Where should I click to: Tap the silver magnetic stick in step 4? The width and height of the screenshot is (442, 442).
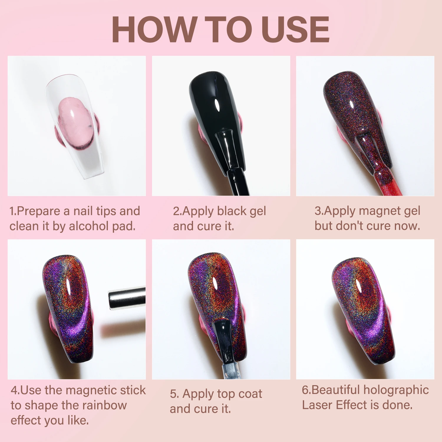click(127, 299)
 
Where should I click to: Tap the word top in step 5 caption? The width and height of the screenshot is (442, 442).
click(226, 394)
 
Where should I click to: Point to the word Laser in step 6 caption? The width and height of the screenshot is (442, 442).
click(318, 405)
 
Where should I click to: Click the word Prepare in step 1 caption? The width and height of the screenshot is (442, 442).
click(39, 212)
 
